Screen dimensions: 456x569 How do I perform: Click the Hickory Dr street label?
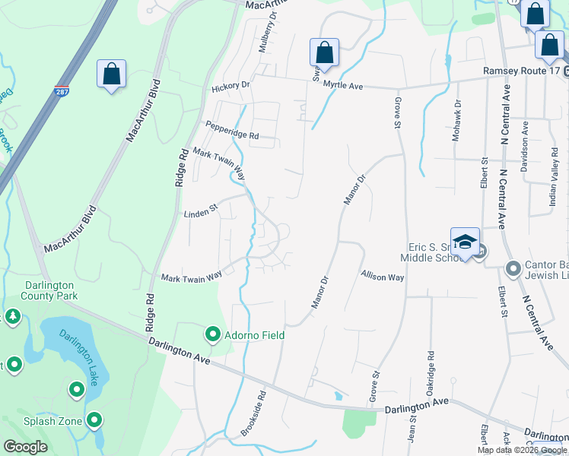(230, 86)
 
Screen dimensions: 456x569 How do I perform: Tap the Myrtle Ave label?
(343, 86)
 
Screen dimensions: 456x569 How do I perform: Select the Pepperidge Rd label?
(232, 130)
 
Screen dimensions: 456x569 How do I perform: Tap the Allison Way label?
(382, 277)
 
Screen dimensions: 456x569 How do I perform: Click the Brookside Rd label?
(253, 414)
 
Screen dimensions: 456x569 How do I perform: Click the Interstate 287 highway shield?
(62, 92)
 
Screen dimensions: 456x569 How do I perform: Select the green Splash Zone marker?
(94, 419)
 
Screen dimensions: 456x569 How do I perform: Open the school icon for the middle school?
(465, 242)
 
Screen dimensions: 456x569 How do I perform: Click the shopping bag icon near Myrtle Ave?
(323, 53)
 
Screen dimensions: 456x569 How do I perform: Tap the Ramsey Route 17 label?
(521, 71)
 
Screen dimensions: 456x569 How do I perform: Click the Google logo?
(26, 447)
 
